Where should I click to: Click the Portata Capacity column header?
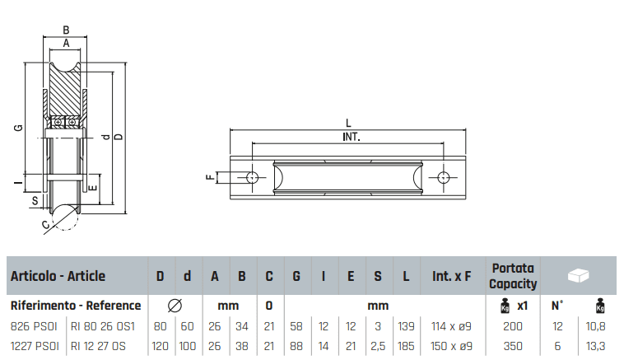click(x=514, y=276)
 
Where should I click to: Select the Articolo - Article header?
click(x=58, y=277)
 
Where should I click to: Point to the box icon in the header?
click(x=581, y=275)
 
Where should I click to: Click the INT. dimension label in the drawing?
click(x=352, y=137)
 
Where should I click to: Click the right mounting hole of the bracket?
click(x=445, y=177)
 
